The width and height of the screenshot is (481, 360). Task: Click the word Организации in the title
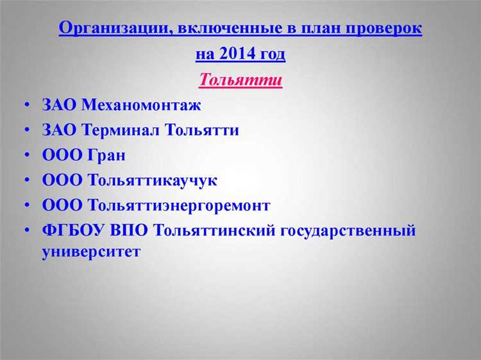pos(107,29)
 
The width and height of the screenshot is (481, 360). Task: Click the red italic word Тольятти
pos(240,80)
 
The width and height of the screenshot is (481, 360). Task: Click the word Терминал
pos(122,130)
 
